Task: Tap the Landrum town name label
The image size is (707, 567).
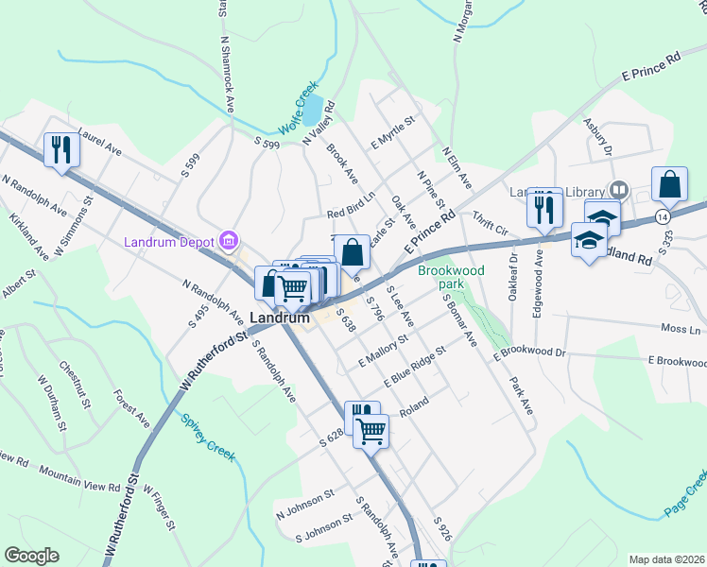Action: pos(281,318)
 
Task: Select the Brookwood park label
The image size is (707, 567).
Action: pos(451,277)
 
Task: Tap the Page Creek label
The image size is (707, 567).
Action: pos(686,496)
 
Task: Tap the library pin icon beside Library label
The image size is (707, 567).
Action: pos(619,189)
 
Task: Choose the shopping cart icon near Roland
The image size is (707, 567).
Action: pos(371,431)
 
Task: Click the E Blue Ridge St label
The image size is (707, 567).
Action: pos(415,367)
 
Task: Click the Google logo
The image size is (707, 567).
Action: pos(31,556)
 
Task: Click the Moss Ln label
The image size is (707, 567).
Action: pos(681,330)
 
